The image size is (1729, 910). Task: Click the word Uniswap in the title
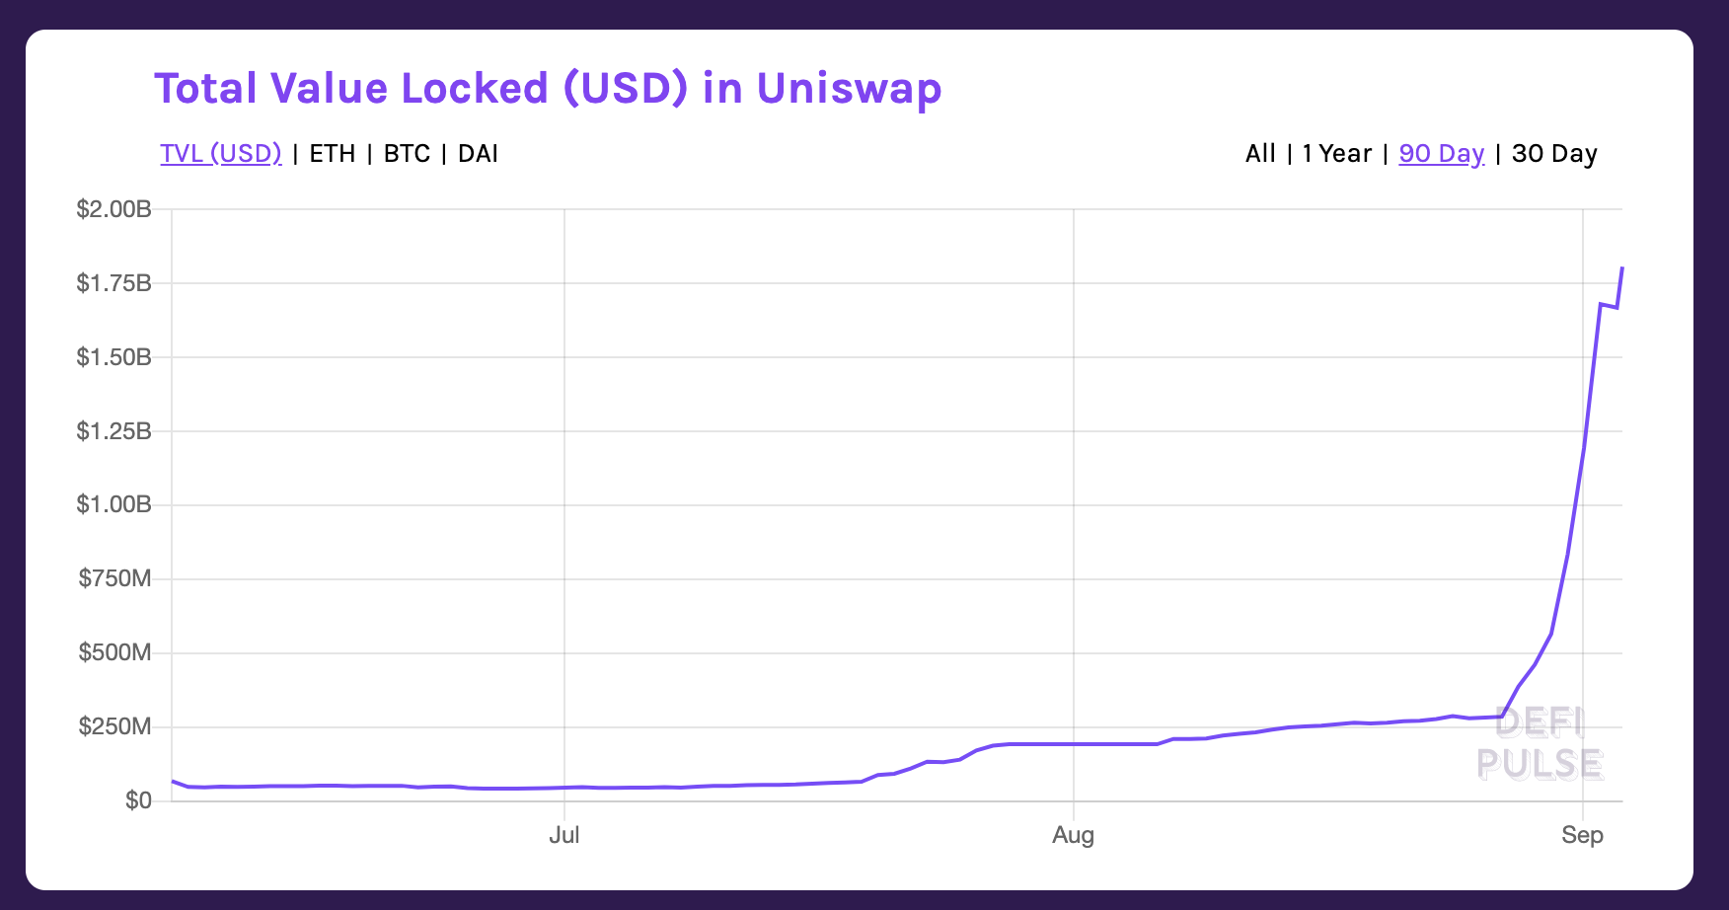click(x=849, y=89)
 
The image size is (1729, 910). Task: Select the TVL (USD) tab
click(x=221, y=154)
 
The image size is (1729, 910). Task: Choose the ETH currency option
click(x=333, y=154)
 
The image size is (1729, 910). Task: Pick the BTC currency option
click(x=407, y=154)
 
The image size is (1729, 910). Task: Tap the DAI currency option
click(x=478, y=154)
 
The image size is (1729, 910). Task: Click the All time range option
click(x=1260, y=154)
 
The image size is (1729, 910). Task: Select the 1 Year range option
click(x=1336, y=154)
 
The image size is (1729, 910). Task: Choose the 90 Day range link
click(x=1441, y=154)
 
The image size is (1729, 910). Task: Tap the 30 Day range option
click(x=1554, y=154)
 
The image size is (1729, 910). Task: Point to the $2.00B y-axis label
click(x=113, y=209)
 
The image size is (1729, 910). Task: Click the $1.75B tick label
click(x=113, y=283)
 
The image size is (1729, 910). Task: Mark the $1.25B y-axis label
click(x=113, y=431)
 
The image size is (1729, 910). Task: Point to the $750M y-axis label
click(x=114, y=578)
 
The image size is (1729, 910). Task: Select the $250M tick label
click(x=114, y=726)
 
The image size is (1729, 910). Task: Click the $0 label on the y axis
click(x=138, y=800)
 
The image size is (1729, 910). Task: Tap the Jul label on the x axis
click(x=564, y=835)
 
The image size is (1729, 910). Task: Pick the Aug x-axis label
click(x=1073, y=835)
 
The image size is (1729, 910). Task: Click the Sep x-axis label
click(x=1582, y=835)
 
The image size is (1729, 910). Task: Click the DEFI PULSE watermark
click(x=1540, y=743)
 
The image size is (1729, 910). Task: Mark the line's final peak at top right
click(x=1622, y=268)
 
